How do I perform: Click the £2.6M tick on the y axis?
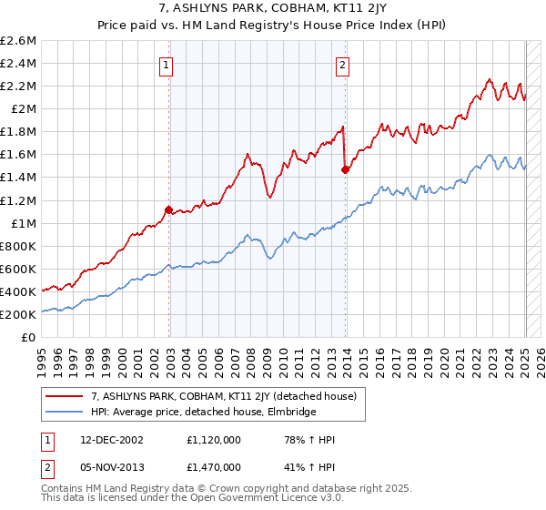20,41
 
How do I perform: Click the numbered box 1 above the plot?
168,65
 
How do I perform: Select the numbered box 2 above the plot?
343,65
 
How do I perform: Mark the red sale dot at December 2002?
169,209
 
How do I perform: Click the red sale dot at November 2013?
345,169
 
